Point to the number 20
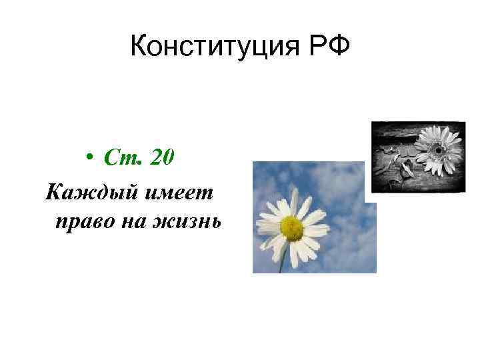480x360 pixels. point(163,158)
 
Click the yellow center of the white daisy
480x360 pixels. point(292,228)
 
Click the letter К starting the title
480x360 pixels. point(139,47)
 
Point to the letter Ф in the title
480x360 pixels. point(340,47)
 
